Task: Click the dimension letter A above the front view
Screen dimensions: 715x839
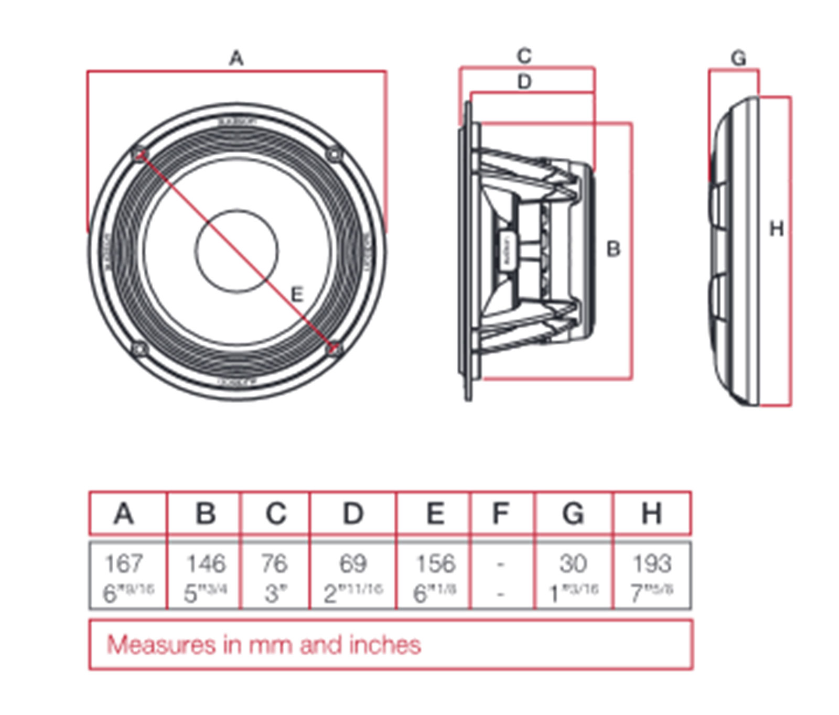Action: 236,58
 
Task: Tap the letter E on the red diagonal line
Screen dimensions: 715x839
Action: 297,295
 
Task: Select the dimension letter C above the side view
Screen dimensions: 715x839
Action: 524,56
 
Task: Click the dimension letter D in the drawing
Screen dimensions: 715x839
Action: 524,82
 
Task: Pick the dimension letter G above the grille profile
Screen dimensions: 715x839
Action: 738,58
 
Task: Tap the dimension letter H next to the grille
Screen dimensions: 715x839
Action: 776,229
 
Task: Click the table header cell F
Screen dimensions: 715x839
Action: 501,513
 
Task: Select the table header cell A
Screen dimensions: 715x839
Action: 124,513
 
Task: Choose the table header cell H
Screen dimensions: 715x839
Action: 652,513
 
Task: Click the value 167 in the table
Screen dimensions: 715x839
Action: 124,564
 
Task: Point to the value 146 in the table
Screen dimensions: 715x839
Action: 206,564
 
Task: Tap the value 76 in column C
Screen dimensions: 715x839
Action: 274,564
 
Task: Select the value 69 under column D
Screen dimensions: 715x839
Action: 352,564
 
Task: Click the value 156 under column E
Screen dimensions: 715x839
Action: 435,564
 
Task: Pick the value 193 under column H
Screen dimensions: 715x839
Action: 652,564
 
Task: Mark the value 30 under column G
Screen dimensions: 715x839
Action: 573,564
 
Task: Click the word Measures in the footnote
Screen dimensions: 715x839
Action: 161,645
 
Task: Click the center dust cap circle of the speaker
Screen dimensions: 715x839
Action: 236,251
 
